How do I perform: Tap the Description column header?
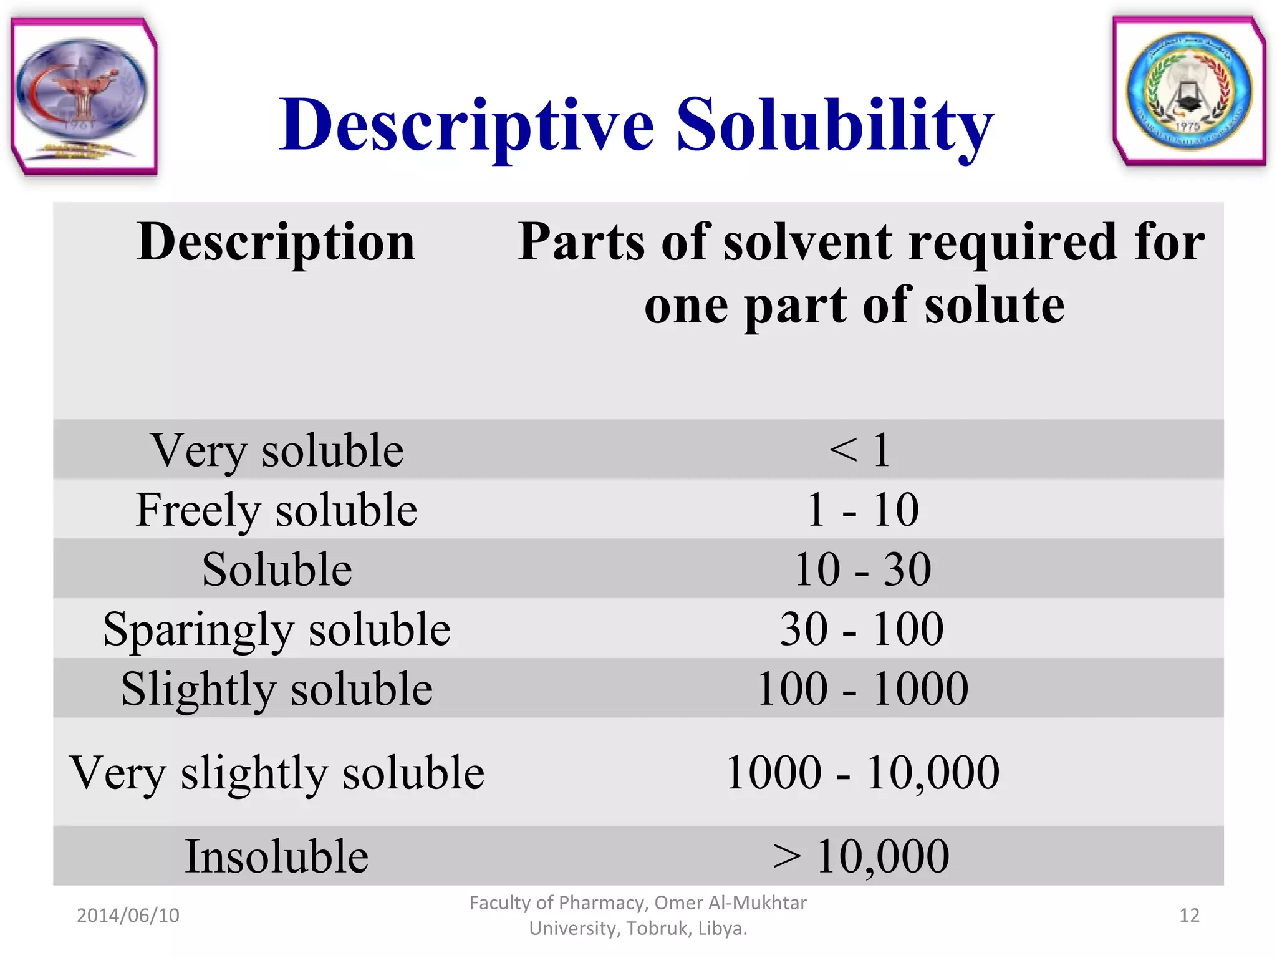(x=276, y=242)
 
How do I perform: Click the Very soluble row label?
(x=277, y=450)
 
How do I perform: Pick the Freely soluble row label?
(x=276, y=510)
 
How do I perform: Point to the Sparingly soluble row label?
(x=277, y=629)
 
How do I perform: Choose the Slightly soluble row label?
(x=277, y=689)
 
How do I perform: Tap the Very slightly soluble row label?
(x=277, y=773)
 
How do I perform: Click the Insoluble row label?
(x=277, y=856)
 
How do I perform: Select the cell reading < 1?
(x=860, y=450)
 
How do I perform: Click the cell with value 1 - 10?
(x=863, y=510)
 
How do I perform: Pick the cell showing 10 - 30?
(x=863, y=569)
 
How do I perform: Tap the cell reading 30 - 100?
(x=862, y=629)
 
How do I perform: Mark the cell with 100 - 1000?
(x=863, y=689)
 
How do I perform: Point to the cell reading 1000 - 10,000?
(x=863, y=773)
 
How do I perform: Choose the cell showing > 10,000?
(x=861, y=856)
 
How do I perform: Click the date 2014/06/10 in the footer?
(x=128, y=916)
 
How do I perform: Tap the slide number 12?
(x=1189, y=916)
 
